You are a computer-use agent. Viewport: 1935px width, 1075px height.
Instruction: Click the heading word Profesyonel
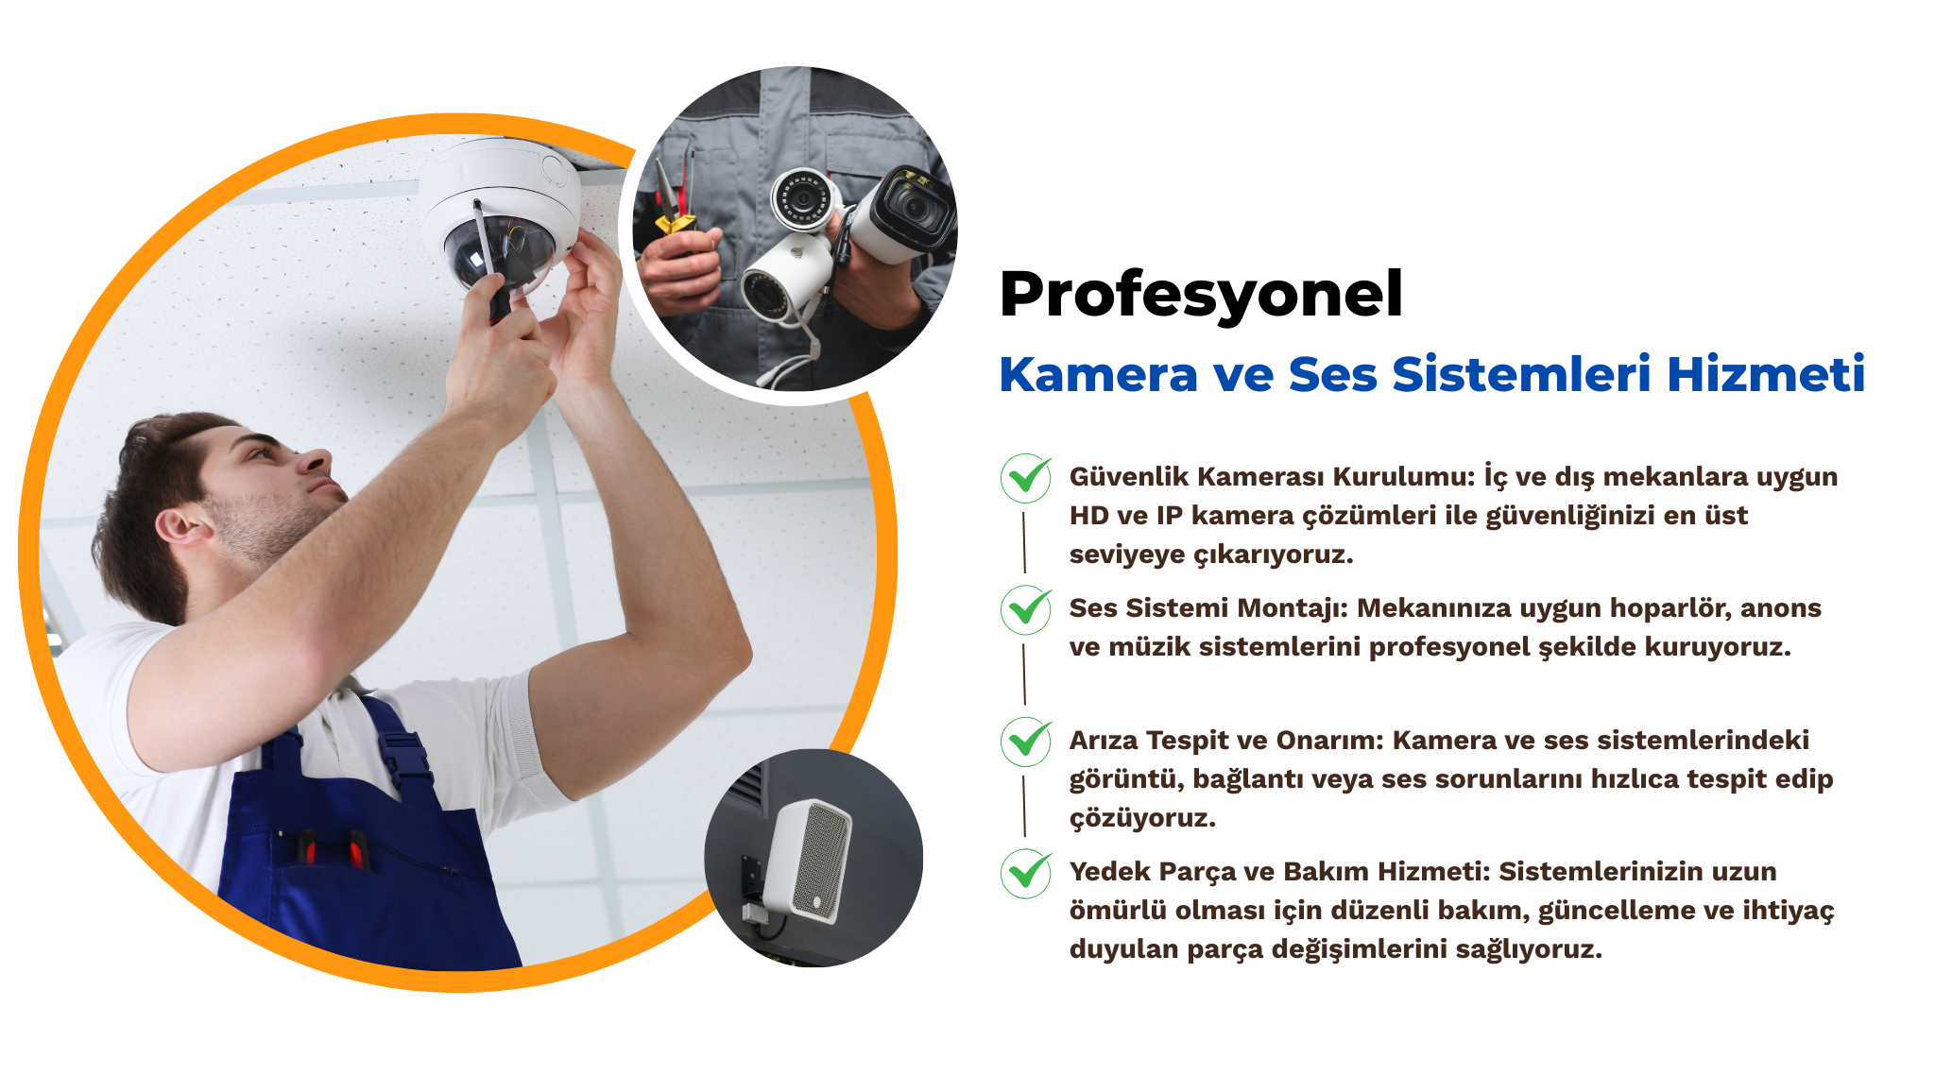(1201, 296)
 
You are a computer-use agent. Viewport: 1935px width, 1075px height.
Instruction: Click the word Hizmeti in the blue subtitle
(1766, 373)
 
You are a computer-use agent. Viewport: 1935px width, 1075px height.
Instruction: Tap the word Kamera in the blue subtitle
(1098, 374)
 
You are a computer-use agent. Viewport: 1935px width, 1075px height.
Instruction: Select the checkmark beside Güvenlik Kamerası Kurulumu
(1026, 478)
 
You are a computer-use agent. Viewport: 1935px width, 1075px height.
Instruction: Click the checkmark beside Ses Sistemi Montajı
(1026, 609)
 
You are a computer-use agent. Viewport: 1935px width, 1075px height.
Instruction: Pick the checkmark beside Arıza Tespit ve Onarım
(1026, 742)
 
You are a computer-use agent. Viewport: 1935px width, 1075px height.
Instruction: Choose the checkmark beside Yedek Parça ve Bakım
(1026, 873)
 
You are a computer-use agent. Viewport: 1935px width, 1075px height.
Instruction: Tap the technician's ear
(180, 525)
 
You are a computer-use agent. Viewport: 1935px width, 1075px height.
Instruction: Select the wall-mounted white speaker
(809, 861)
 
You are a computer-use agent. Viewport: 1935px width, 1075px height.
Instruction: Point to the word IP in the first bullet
(1170, 515)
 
